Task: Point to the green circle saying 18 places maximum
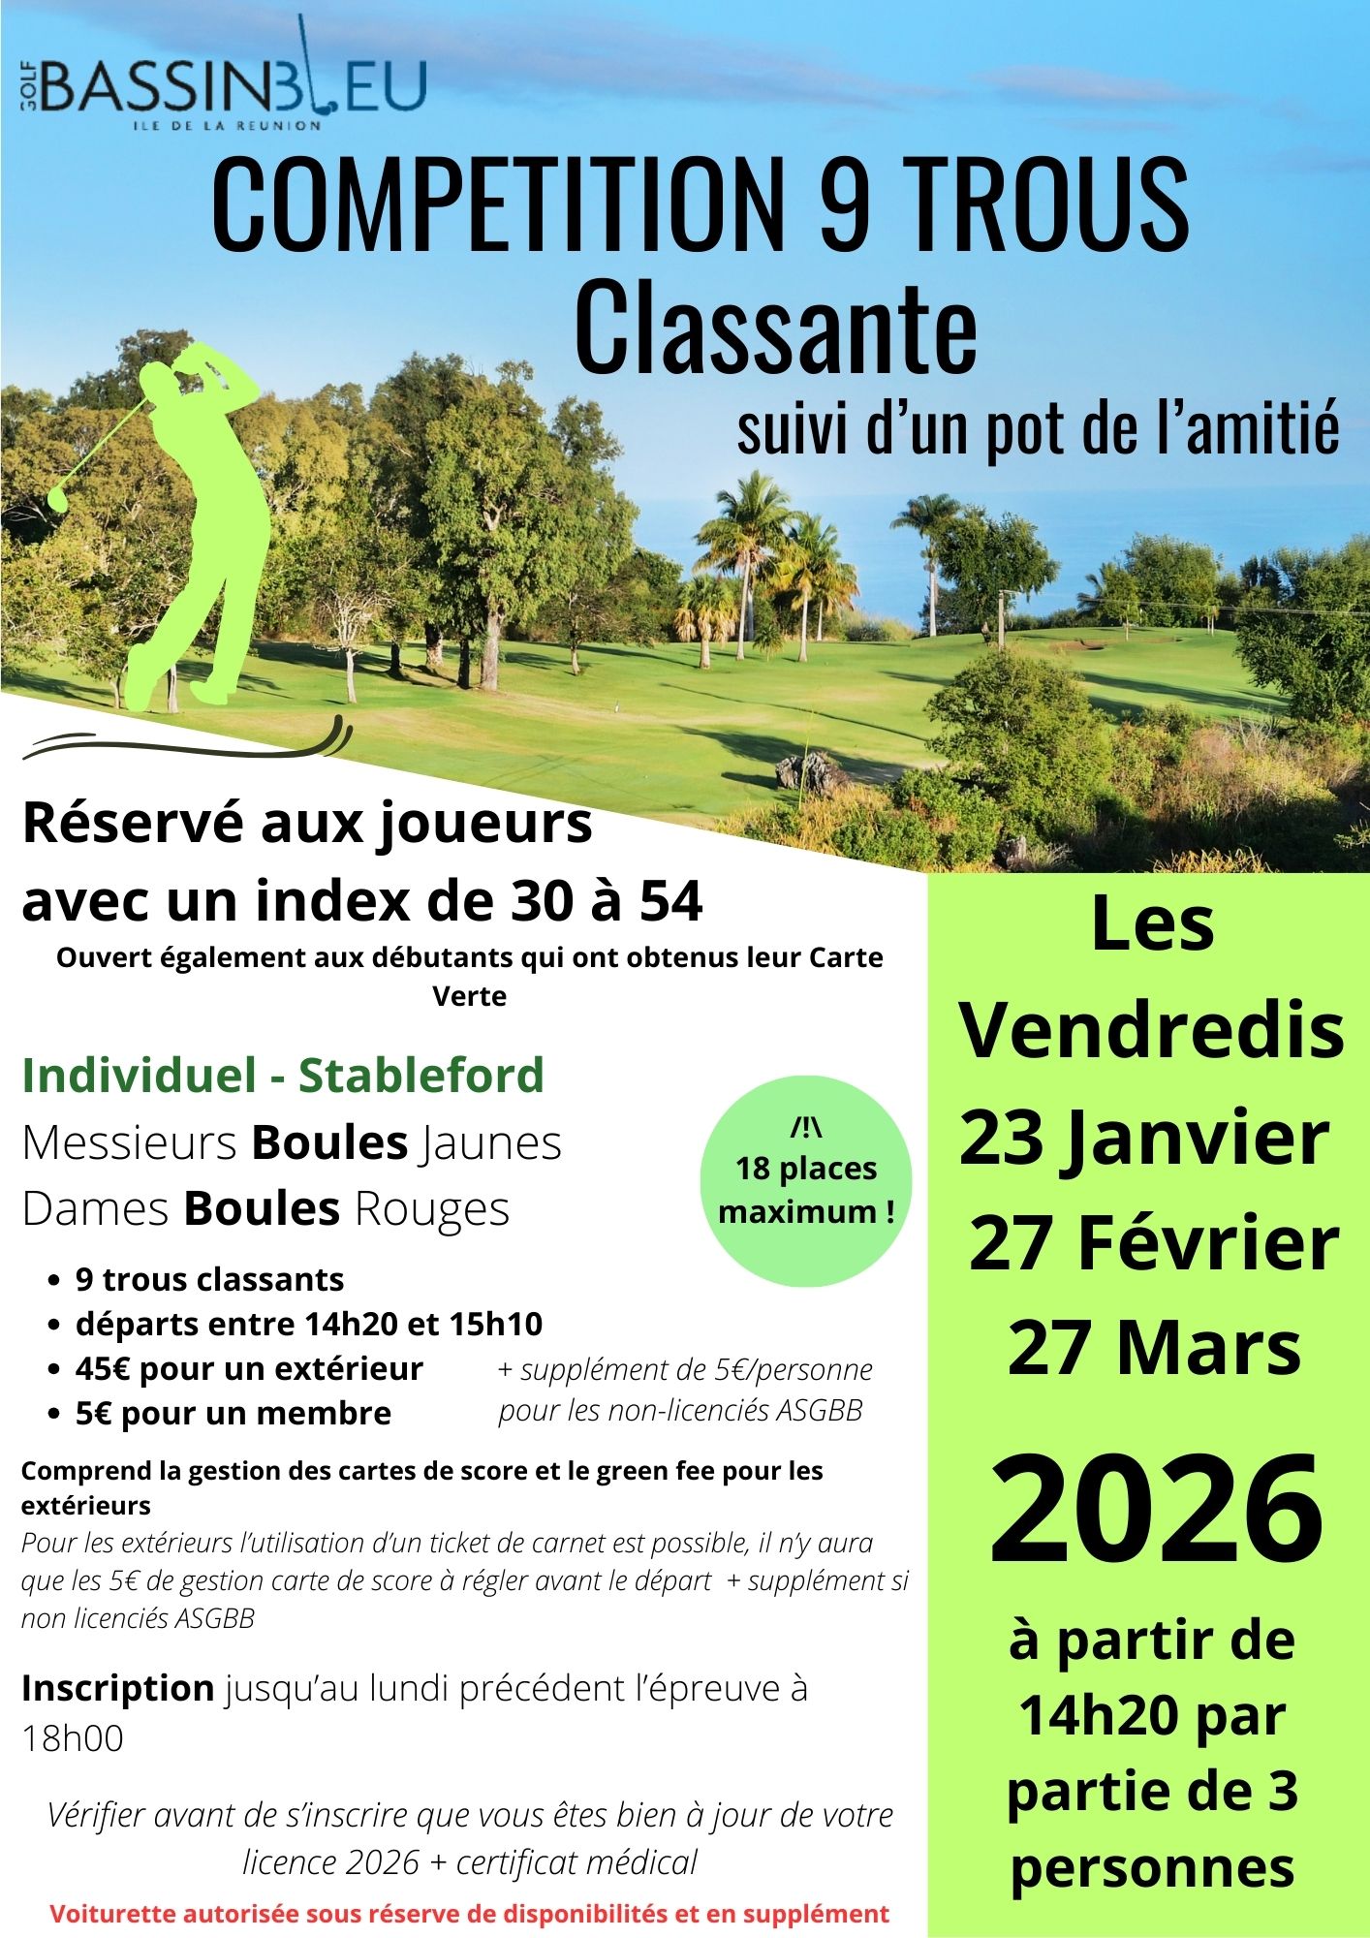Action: tap(806, 1180)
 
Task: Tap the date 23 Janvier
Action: tap(1144, 1139)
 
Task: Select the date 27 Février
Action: tap(1154, 1243)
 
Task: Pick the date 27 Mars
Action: tap(1154, 1348)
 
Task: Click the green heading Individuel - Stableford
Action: tap(283, 1075)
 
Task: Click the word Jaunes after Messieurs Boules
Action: tap(491, 1142)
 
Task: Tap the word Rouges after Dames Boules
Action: tap(431, 1208)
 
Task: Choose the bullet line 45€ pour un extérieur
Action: tap(249, 1368)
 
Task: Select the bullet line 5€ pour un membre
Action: tap(233, 1413)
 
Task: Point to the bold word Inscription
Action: tap(117, 1688)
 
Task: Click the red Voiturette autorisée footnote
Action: tap(469, 1914)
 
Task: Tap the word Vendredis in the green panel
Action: tap(1152, 1031)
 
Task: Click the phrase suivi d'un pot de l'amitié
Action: tap(1038, 428)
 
